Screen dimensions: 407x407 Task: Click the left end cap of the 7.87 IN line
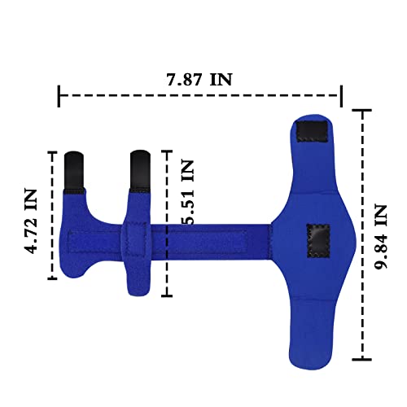point(59,96)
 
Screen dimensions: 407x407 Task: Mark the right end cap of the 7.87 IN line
point(341,96)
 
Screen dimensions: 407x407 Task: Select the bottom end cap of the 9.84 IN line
point(361,359)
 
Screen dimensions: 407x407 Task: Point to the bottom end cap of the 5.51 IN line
point(168,295)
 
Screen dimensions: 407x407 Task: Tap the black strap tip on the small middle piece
point(138,171)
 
